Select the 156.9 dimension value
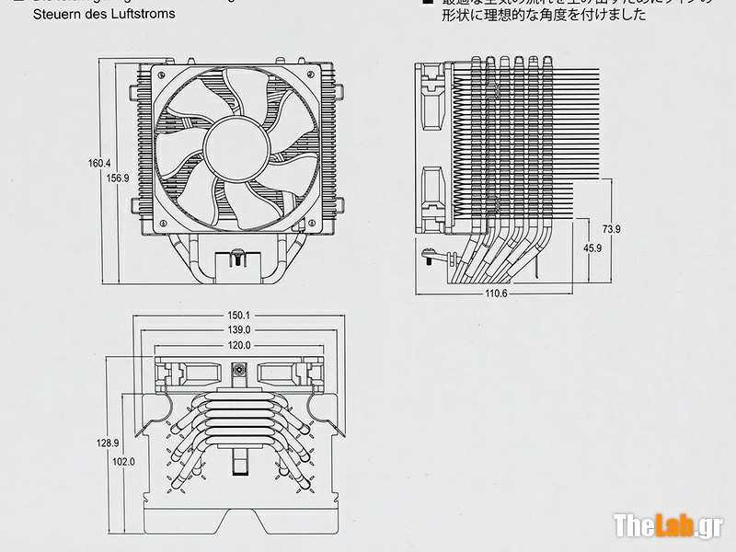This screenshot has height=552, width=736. coord(118,178)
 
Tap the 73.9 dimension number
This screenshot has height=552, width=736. coord(612,228)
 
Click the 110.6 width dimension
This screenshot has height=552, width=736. coord(495,293)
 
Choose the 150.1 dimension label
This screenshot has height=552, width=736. coord(240,316)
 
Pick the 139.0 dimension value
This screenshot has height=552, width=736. coord(240,330)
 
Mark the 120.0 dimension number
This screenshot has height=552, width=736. coord(240,346)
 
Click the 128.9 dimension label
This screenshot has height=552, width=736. coord(108,443)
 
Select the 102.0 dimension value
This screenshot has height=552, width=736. coord(124,461)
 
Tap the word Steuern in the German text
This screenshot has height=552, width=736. coord(53,15)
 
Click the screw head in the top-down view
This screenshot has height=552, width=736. coord(239,371)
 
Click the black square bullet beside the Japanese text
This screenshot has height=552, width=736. coord(428,3)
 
